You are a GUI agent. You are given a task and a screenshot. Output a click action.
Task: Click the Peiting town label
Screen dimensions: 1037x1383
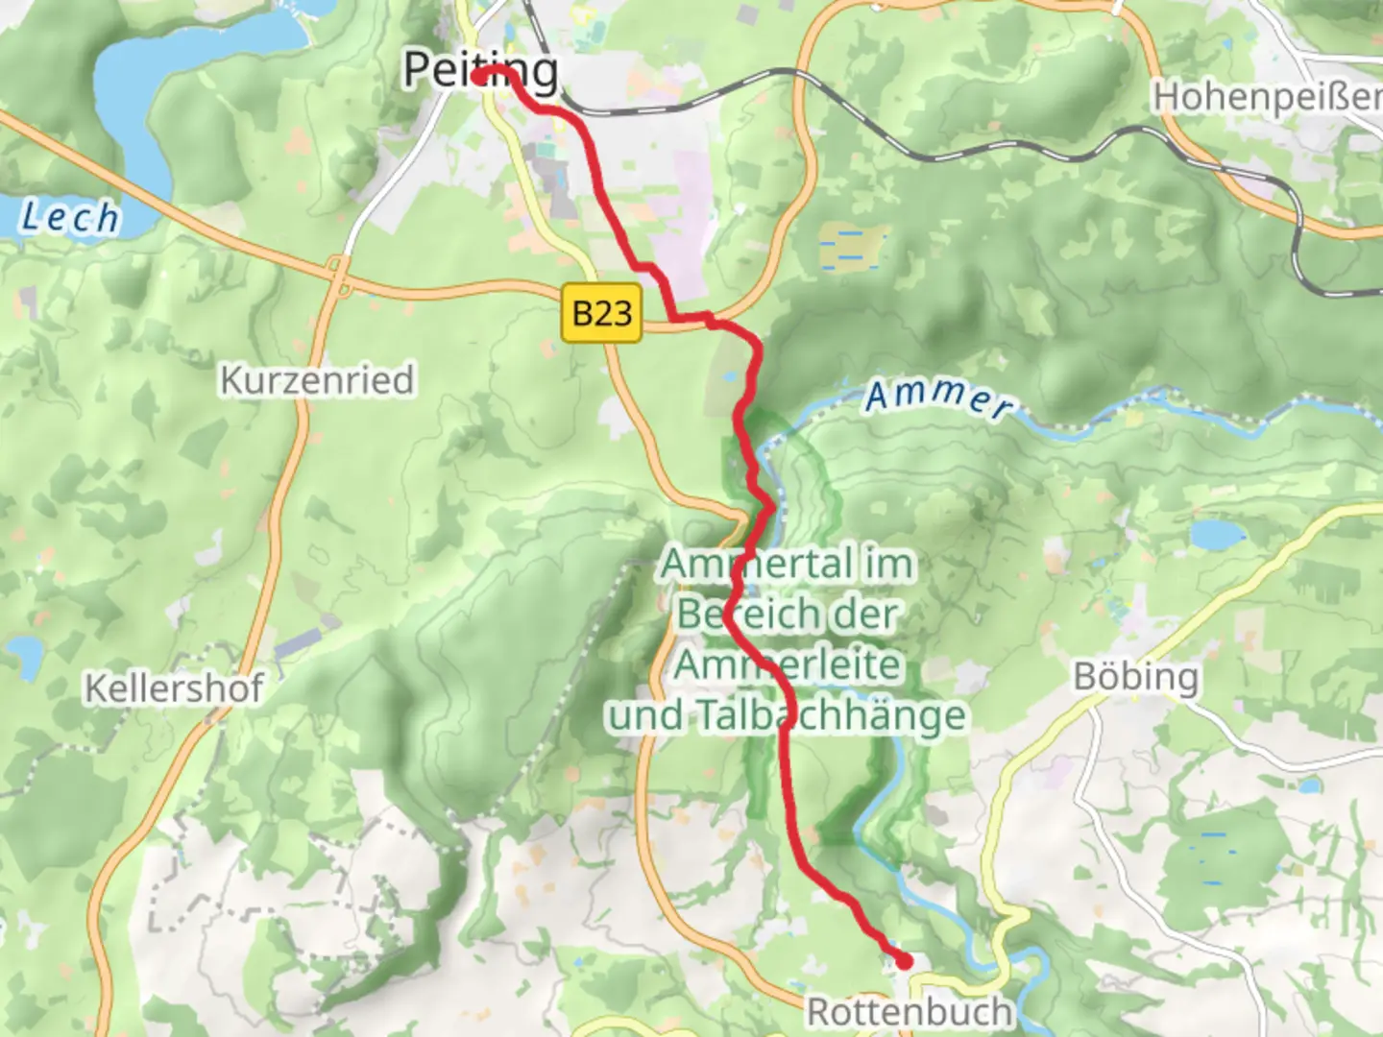point(480,70)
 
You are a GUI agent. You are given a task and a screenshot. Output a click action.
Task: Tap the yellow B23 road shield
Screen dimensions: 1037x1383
point(601,312)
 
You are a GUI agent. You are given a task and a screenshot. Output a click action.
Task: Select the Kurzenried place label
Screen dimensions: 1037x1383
point(317,380)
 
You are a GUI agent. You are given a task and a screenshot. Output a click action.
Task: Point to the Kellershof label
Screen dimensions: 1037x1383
point(174,688)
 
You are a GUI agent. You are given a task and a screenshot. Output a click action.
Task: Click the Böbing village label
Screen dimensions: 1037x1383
point(1136,677)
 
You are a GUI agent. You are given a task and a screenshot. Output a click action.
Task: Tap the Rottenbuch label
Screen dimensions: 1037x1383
point(909,1012)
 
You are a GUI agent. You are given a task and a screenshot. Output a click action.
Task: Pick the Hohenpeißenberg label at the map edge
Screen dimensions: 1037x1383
point(1267,97)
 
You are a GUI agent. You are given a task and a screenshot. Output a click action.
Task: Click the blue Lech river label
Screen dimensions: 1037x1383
point(70,217)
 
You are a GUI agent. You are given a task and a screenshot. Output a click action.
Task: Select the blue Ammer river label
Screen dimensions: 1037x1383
point(938,398)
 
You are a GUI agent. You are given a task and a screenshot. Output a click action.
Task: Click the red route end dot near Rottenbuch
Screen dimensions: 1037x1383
point(904,960)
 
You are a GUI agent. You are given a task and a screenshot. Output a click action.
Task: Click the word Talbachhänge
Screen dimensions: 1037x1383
point(831,715)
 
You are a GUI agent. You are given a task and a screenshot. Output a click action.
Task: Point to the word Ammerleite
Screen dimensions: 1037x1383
point(788,664)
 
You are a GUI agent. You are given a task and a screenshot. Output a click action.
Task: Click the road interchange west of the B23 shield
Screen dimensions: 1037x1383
point(338,274)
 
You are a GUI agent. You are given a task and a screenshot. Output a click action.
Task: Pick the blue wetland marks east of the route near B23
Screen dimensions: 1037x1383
point(847,247)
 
